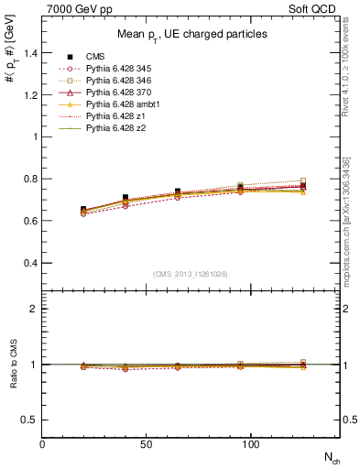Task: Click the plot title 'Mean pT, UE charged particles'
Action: click(x=191, y=34)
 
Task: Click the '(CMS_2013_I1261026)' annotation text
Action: click(x=191, y=275)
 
